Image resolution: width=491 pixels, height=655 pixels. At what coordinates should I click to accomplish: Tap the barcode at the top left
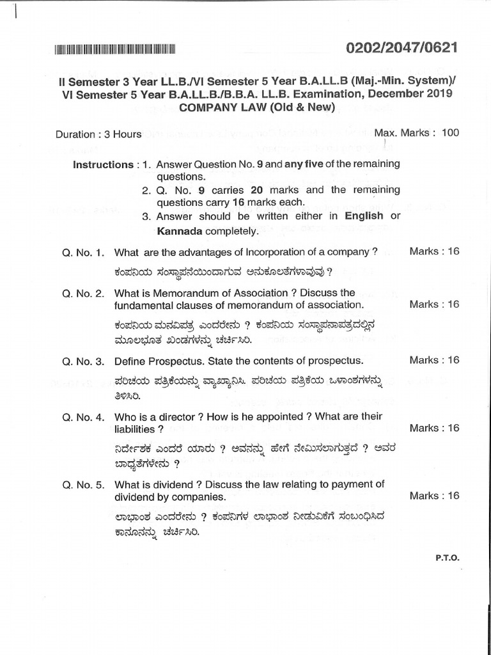(116, 49)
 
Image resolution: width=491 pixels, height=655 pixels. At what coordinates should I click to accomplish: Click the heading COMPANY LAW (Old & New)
(256, 107)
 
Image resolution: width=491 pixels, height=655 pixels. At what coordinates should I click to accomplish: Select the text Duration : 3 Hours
(98, 134)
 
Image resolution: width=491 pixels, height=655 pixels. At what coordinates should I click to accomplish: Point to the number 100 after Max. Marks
(450, 132)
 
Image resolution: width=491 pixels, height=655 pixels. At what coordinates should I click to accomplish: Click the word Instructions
(102, 164)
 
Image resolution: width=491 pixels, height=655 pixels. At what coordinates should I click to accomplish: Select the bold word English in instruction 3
(364, 216)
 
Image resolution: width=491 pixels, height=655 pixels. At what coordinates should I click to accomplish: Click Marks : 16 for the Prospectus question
(434, 360)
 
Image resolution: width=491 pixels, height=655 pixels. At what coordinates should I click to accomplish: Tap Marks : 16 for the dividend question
(434, 496)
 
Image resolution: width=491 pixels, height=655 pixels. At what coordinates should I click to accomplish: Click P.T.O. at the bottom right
(448, 557)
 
